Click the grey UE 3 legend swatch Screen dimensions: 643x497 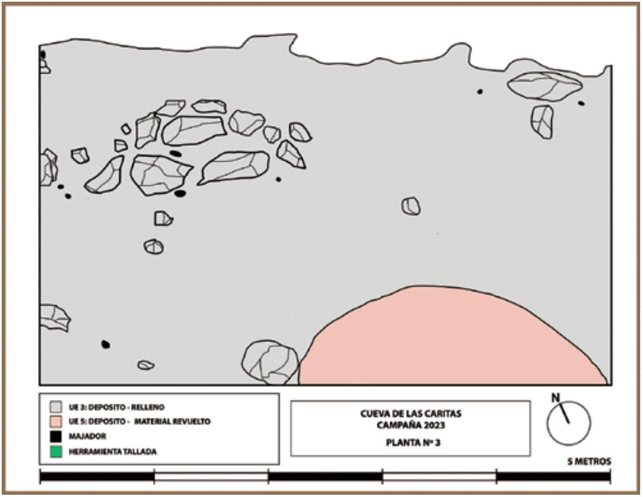(55, 407)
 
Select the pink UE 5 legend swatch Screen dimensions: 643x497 (55, 421)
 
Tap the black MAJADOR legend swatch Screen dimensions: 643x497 (55, 436)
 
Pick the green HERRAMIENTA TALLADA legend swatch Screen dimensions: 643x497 (55, 452)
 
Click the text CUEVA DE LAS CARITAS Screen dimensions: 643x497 (411, 414)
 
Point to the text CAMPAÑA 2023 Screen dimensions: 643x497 (411, 425)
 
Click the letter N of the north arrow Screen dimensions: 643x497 (556, 398)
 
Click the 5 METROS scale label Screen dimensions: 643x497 (589, 461)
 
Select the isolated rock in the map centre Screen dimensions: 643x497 (411, 206)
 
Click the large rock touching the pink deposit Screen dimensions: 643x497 (270, 363)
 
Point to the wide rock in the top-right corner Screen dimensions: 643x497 (545, 86)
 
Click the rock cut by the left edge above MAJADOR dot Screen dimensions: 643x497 (54, 318)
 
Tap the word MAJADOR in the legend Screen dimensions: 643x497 (87, 436)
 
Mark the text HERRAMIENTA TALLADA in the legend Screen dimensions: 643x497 (112, 452)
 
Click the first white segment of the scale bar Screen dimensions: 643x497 (211, 477)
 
